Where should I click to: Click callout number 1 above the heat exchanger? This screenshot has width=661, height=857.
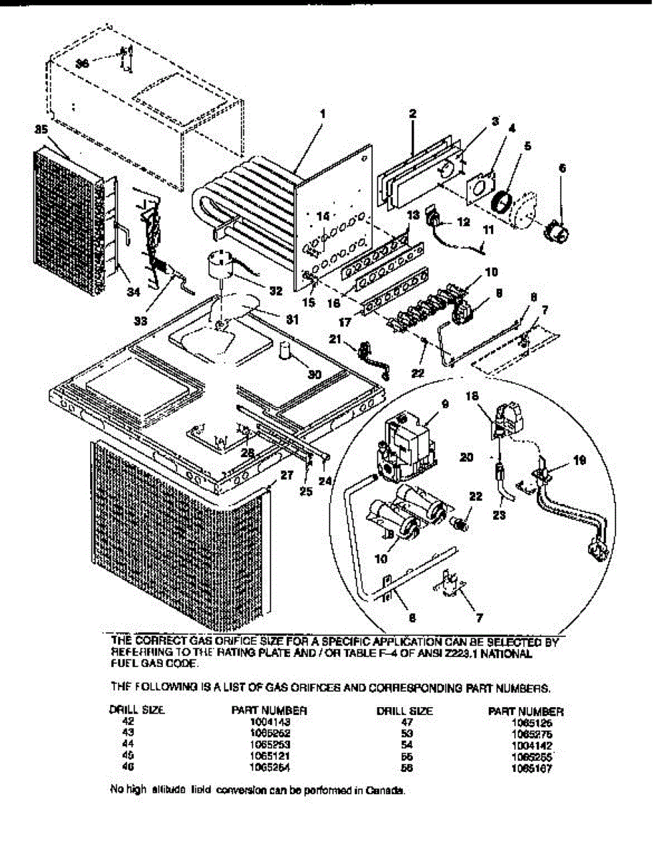[322, 114]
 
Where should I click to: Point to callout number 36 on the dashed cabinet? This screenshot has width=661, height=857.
[83, 64]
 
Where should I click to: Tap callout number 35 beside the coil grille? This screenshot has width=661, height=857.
[40, 130]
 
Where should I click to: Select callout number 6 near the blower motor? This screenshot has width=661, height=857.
[562, 169]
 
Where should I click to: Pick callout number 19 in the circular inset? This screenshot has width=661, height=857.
[580, 461]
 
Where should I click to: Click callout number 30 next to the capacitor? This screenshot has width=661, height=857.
[314, 374]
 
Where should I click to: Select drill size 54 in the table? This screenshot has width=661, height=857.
[404, 745]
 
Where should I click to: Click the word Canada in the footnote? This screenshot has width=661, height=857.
[389, 791]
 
